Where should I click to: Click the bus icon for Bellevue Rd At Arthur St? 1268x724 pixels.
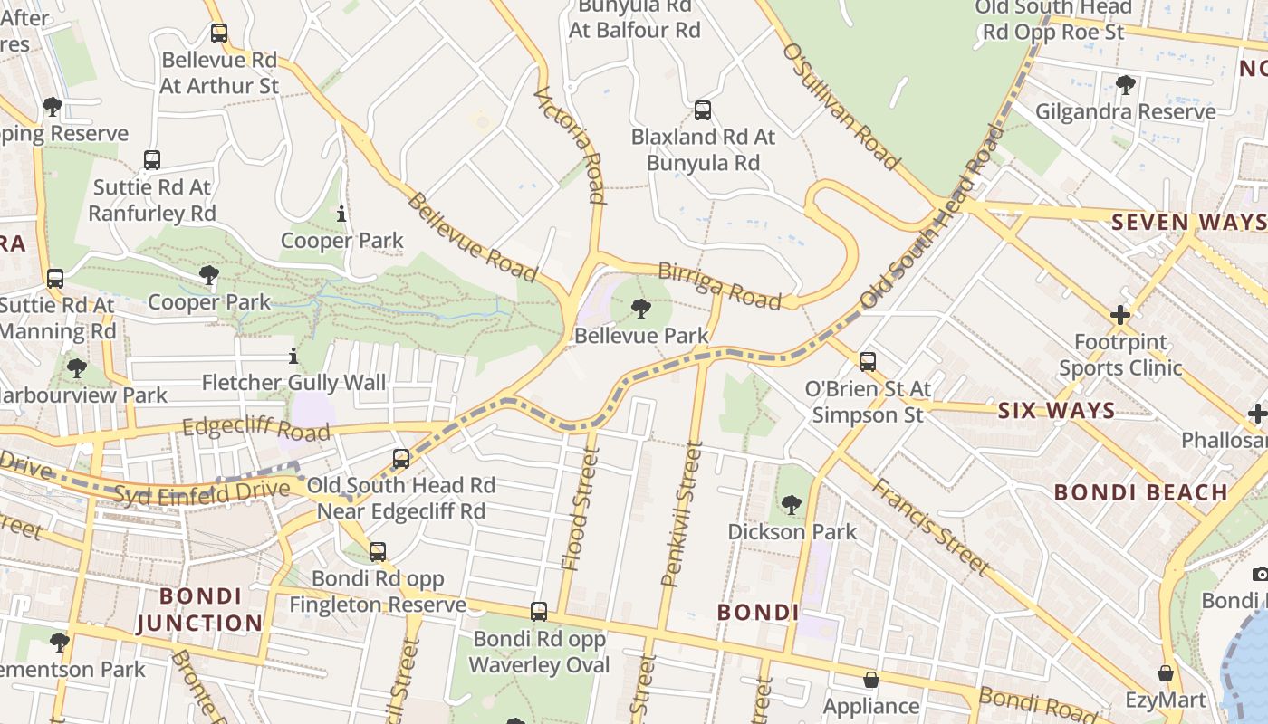tap(219, 33)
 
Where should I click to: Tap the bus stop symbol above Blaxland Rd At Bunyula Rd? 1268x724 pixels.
tap(702, 110)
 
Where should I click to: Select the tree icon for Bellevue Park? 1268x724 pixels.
tap(641, 309)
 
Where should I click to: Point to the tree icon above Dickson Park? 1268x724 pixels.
tap(792, 504)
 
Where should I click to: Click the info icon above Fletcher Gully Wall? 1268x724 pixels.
tap(293, 357)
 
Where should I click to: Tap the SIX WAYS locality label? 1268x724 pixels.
tap(1056, 411)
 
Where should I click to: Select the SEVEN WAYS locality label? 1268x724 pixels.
tap(1188, 222)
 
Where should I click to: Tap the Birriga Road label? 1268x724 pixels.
tap(719, 286)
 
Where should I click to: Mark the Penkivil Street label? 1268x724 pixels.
tap(682, 513)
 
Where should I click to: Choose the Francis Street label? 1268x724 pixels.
tap(930, 526)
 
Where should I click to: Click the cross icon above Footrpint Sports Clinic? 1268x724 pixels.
tap(1120, 315)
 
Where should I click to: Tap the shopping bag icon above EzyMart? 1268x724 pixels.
tap(1166, 674)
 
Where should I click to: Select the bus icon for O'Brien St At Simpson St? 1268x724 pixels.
tap(868, 362)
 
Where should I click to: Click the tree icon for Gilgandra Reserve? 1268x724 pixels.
tap(1125, 85)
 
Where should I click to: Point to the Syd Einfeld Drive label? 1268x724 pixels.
tap(202, 491)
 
